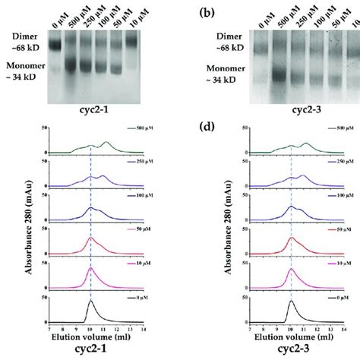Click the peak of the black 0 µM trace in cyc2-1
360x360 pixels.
click(91, 301)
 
